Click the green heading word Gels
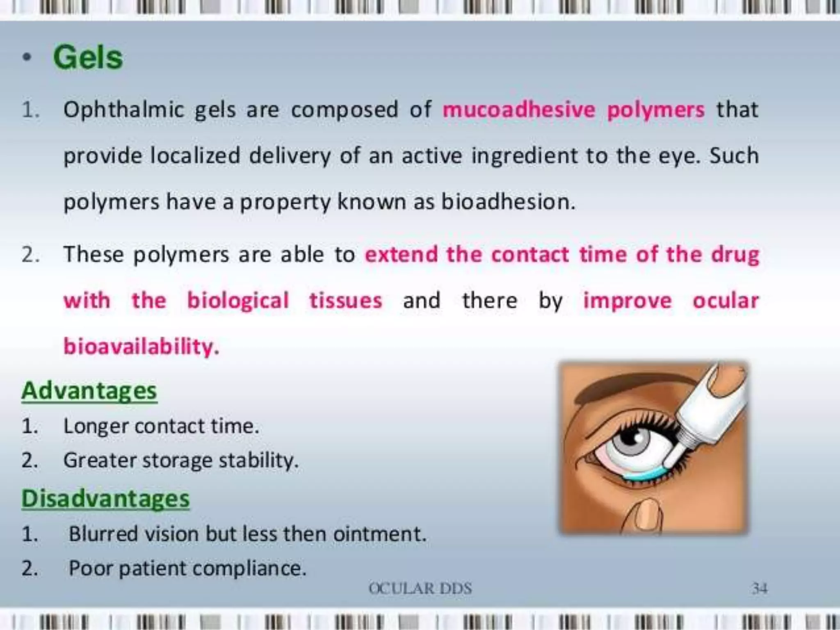pos(88,57)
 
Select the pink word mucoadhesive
pos(518,110)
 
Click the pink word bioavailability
pos(141,347)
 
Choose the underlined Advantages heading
pos(89,390)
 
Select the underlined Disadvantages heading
pos(105,499)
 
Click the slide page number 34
pos(759,589)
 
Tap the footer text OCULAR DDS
pos(420,589)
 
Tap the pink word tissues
pos(346,301)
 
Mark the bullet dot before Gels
pos(27,58)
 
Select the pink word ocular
pos(726,301)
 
